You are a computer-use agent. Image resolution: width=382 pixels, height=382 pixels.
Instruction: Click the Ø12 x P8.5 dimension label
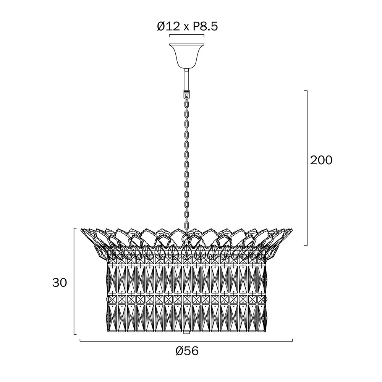(x=187, y=27)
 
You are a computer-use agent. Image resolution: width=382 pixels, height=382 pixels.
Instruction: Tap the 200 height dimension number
(x=321, y=160)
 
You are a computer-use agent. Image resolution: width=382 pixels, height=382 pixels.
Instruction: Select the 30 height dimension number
(x=60, y=283)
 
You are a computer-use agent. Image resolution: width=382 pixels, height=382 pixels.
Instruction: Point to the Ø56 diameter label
(x=187, y=351)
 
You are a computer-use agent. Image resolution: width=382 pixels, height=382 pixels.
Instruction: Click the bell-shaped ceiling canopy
(x=187, y=56)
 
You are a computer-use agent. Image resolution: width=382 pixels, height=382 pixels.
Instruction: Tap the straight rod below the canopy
(x=187, y=80)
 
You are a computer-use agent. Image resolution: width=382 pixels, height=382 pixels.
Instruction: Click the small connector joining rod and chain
(x=187, y=93)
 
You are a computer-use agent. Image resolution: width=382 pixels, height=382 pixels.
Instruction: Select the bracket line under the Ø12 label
(x=187, y=36)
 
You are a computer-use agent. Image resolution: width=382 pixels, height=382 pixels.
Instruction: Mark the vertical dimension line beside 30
(x=74, y=281)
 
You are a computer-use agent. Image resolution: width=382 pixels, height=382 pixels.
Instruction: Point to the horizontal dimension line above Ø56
(x=186, y=341)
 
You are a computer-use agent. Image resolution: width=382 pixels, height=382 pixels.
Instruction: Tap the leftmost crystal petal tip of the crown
(x=81, y=229)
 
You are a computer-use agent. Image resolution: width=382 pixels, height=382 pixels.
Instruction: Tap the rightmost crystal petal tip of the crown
(x=292, y=229)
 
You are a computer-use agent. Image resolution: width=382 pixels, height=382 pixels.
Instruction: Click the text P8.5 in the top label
(x=206, y=27)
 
